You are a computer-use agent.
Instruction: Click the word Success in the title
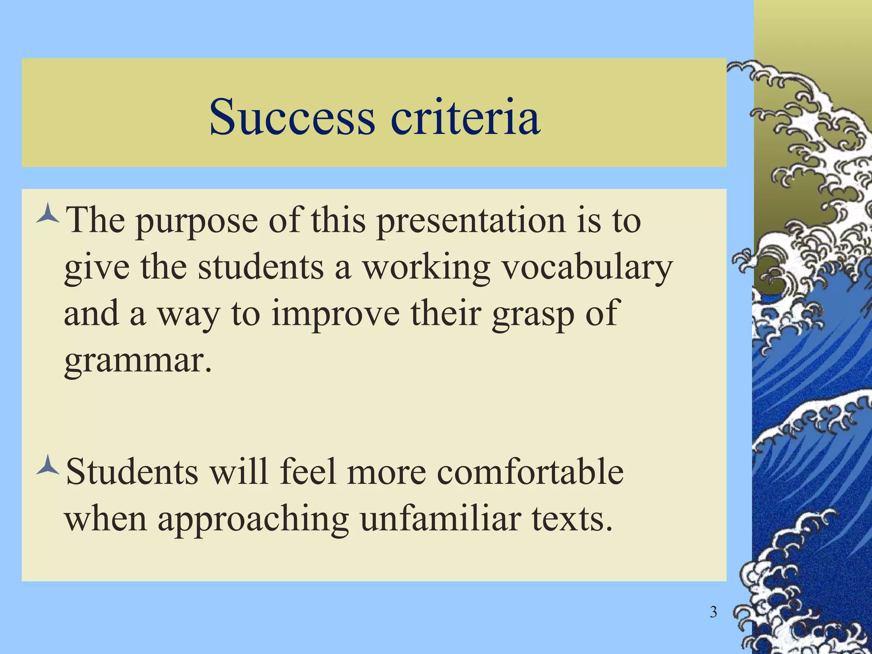[x=292, y=116]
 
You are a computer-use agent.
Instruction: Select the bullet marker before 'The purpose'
[x=48, y=215]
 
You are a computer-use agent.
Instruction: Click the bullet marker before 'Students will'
[x=48, y=466]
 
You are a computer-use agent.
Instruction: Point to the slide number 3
[x=713, y=612]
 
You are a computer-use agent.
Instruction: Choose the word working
[x=426, y=268]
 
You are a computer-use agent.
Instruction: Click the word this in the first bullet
[x=338, y=221]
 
